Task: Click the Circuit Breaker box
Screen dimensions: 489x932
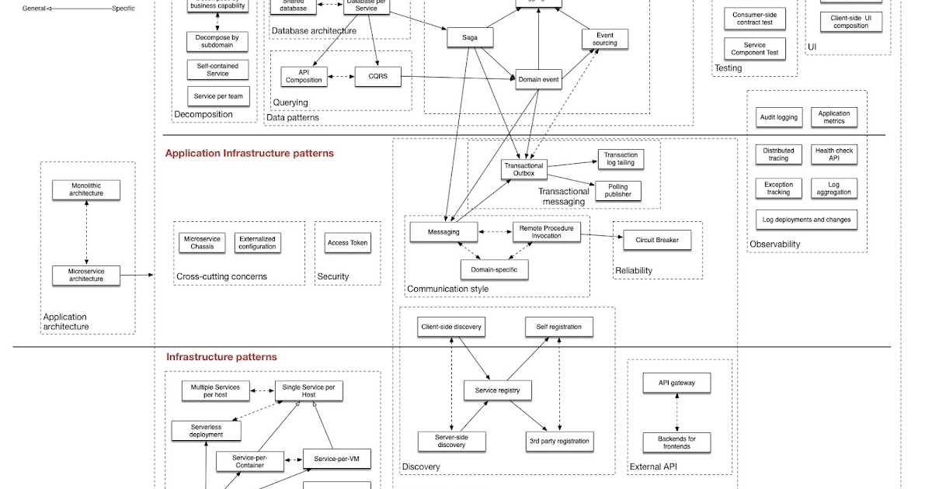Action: (657, 240)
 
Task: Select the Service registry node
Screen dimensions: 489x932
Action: (497, 390)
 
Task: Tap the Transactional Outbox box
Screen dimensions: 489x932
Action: (524, 169)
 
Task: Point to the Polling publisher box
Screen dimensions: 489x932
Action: (618, 190)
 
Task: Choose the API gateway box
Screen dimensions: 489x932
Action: (676, 383)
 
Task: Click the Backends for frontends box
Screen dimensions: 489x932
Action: (676, 443)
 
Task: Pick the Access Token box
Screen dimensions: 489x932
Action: (348, 243)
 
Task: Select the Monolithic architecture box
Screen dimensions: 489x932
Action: (86, 189)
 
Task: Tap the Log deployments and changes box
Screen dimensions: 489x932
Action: (807, 220)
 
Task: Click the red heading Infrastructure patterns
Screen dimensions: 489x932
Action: (221, 357)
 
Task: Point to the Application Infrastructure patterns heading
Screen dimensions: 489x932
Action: (249, 154)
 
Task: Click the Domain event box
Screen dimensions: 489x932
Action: (538, 80)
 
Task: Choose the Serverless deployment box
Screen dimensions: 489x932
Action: (206, 430)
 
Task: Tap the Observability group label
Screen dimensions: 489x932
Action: (774, 244)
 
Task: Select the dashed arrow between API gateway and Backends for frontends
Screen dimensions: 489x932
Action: (676, 413)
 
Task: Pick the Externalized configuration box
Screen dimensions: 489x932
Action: (257, 243)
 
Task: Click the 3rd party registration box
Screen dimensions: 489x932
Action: (558, 441)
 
